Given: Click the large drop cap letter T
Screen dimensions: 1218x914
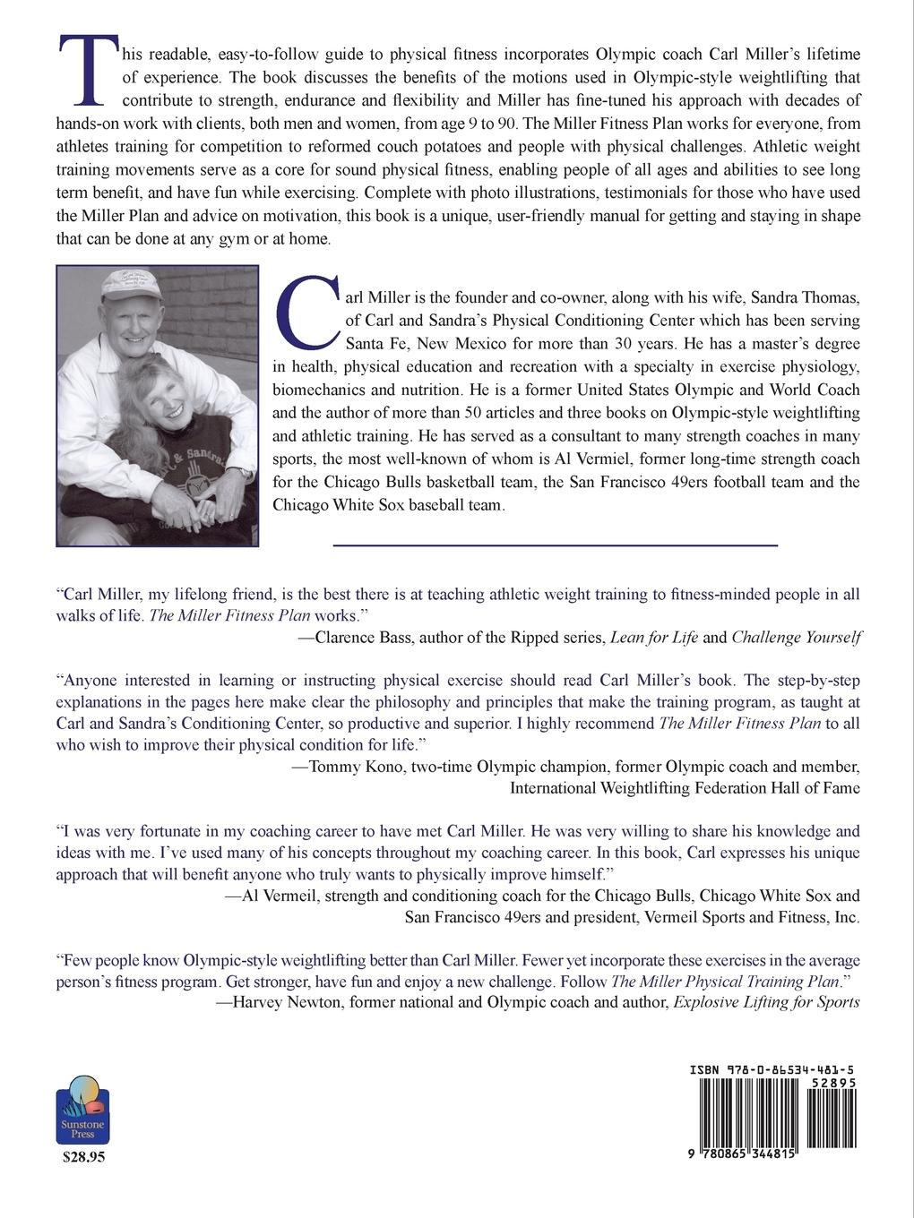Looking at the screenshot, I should tap(87, 69).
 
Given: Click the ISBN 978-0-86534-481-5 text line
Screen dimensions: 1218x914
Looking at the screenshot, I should tap(772, 1069).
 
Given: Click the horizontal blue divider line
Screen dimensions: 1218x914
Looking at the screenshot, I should tap(555, 545).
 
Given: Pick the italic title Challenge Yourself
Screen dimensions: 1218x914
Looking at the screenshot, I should tap(797, 638).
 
